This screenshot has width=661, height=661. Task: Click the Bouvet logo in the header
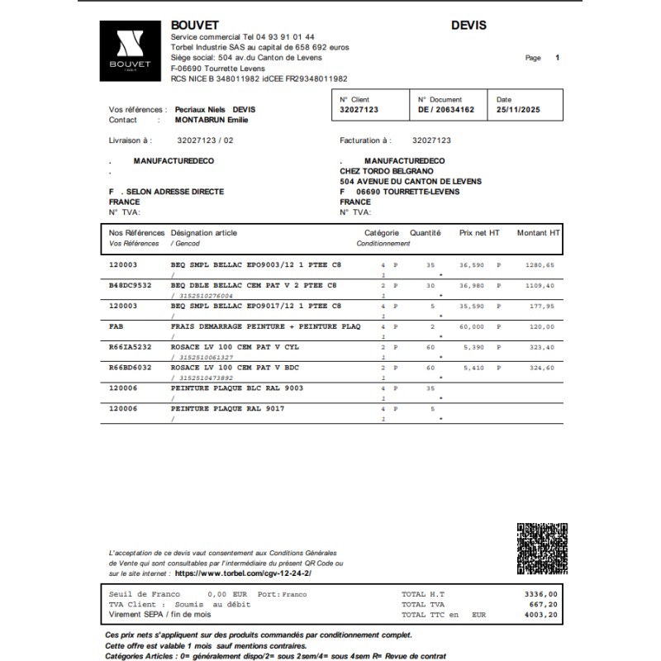click(x=134, y=50)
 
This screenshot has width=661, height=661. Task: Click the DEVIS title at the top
click(x=468, y=25)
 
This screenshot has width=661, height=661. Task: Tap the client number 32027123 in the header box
click(x=359, y=109)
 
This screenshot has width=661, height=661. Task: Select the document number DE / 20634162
click(x=446, y=109)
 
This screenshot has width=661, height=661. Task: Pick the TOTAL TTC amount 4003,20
click(x=541, y=615)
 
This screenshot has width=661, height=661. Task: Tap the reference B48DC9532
click(x=131, y=285)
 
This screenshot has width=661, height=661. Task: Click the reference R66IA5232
click(x=131, y=348)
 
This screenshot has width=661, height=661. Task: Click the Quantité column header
click(x=426, y=233)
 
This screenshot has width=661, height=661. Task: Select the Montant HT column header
click(x=538, y=233)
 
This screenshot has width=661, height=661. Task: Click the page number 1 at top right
click(x=558, y=58)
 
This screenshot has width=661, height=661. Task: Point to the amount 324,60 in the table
click(x=541, y=369)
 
